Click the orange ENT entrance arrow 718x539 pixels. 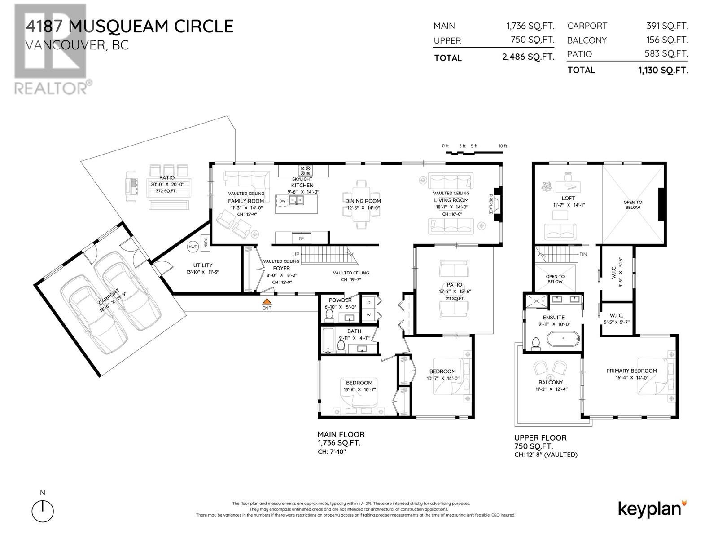267,301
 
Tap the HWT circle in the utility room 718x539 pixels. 193,247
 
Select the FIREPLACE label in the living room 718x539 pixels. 490,204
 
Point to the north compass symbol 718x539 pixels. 43,511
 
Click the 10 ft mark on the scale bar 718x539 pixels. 503,146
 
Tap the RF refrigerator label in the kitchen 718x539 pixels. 301,239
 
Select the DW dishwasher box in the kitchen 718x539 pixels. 282,201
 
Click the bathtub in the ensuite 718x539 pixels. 563,339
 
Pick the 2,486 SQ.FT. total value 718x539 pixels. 528,57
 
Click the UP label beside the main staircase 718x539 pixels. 296,254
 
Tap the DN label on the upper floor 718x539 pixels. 583,254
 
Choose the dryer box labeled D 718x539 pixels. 369,302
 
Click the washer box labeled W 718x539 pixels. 369,315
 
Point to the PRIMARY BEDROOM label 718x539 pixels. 632,371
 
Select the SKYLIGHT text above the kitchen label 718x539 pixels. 302,179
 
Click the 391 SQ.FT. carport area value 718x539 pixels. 667,26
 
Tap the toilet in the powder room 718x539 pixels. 329,315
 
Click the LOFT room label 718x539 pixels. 568,199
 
